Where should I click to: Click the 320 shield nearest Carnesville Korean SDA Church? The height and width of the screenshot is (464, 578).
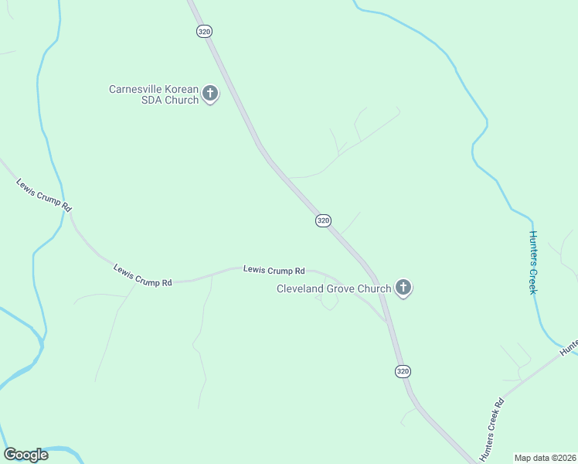pyautogui.click(x=204, y=31)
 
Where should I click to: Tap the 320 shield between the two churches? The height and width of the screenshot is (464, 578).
pyautogui.click(x=324, y=220)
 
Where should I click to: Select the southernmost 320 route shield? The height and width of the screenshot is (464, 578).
pyautogui.click(x=403, y=371)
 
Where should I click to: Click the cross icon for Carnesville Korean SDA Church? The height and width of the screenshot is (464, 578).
pyautogui.click(x=210, y=94)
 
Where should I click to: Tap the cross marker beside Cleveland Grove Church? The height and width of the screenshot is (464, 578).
pyautogui.click(x=403, y=288)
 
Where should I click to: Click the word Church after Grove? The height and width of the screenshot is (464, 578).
pyautogui.click(x=376, y=289)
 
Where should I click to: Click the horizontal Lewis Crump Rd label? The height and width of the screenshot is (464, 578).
pyautogui.click(x=274, y=271)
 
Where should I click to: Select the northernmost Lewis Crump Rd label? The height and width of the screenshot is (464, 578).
pyautogui.click(x=44, y=195)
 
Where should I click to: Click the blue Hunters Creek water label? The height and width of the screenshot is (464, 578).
pyautogui.click(x=532, y=261)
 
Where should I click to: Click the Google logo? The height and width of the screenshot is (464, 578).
pyautogui.click(x=25, y=455)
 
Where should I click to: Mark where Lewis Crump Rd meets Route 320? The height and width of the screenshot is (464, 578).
pyautogui.click(x=386, y=319)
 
